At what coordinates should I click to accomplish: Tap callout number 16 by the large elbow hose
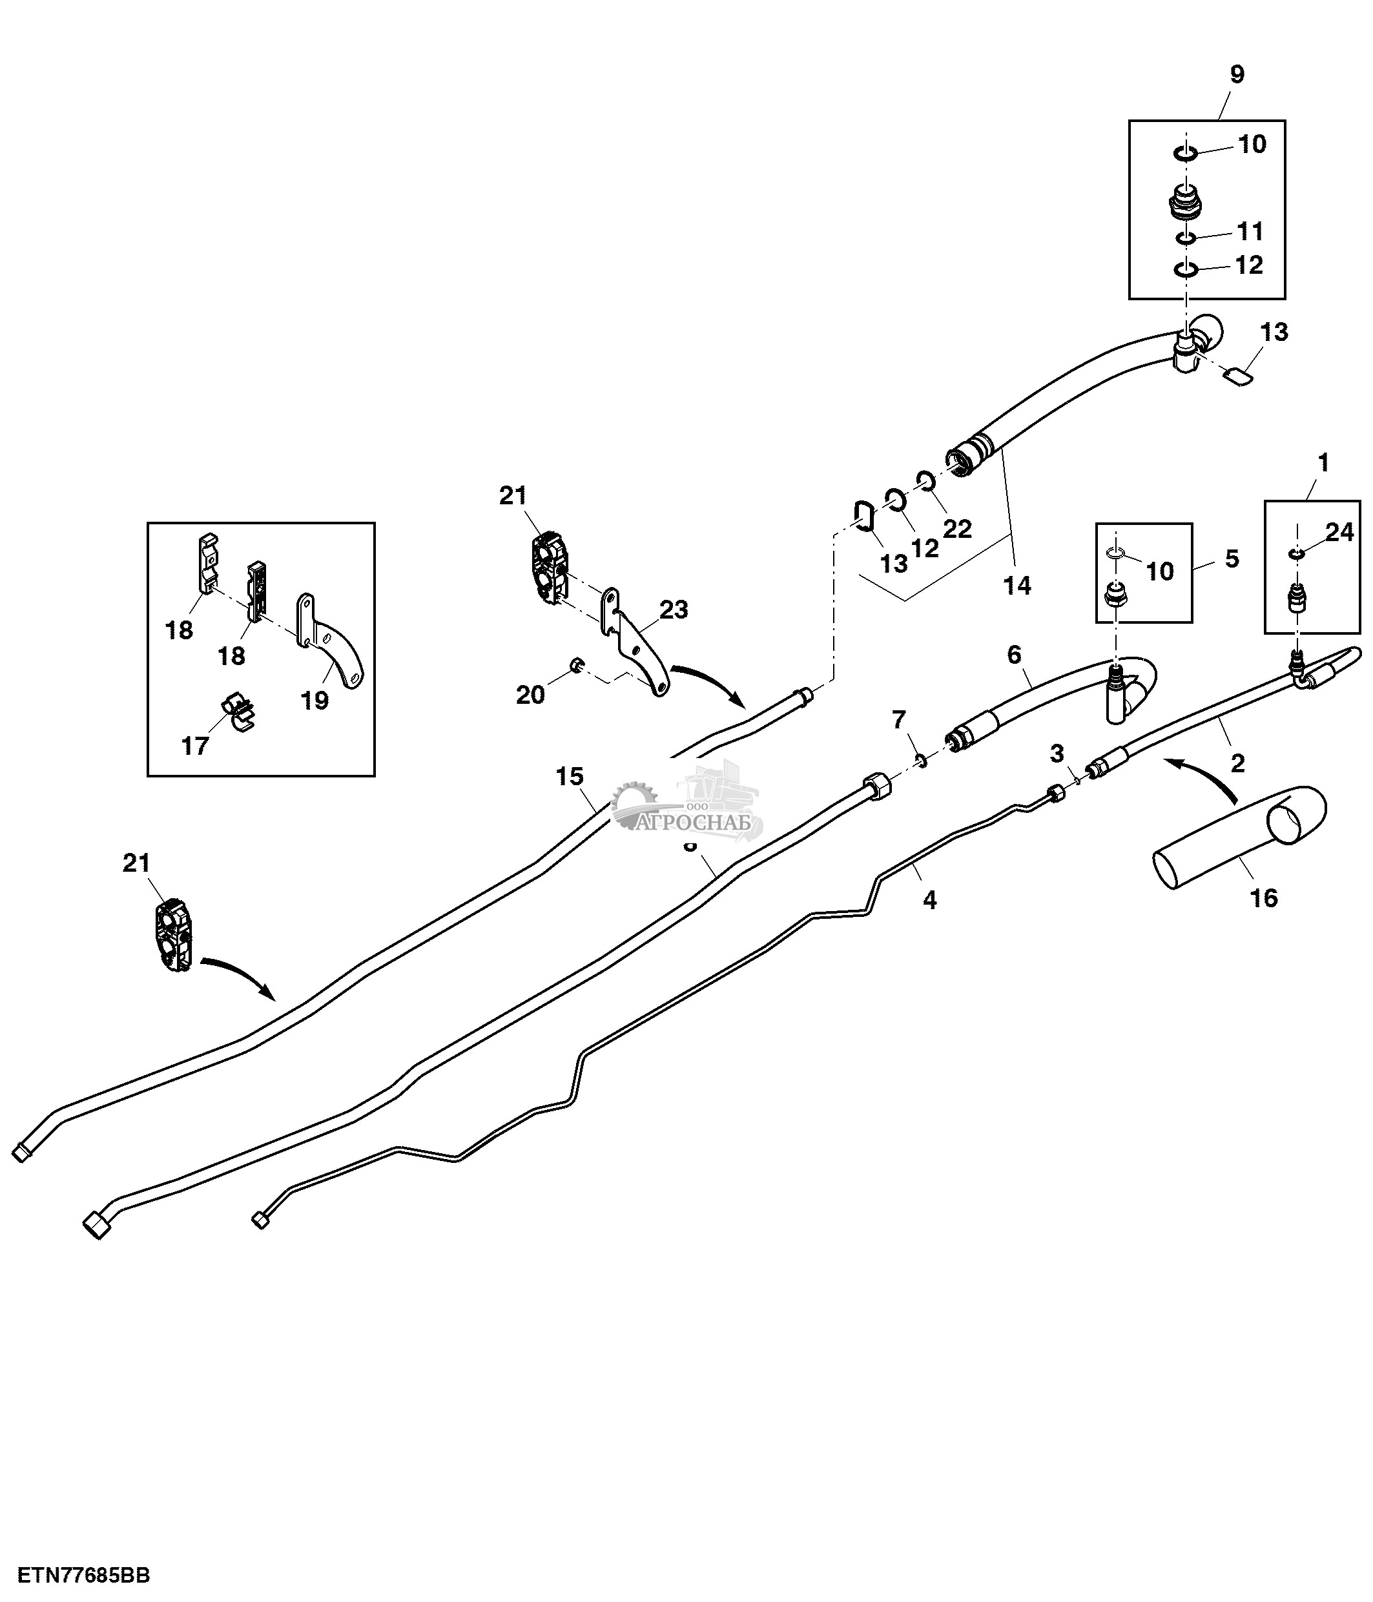(1264, 898)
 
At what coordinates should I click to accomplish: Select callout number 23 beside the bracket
(674, 610)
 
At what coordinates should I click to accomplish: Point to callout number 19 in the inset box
(315, 700)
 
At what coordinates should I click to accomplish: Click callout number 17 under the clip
(195, 745)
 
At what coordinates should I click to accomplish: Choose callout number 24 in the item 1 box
(1340, 532)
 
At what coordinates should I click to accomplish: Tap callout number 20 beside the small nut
(530, 695)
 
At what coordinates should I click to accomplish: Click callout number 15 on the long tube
(570, 775)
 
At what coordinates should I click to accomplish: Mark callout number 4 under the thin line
(929, 899)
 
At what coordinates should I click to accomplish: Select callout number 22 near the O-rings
(957, 529)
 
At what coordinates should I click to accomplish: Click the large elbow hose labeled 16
(1237, 839)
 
